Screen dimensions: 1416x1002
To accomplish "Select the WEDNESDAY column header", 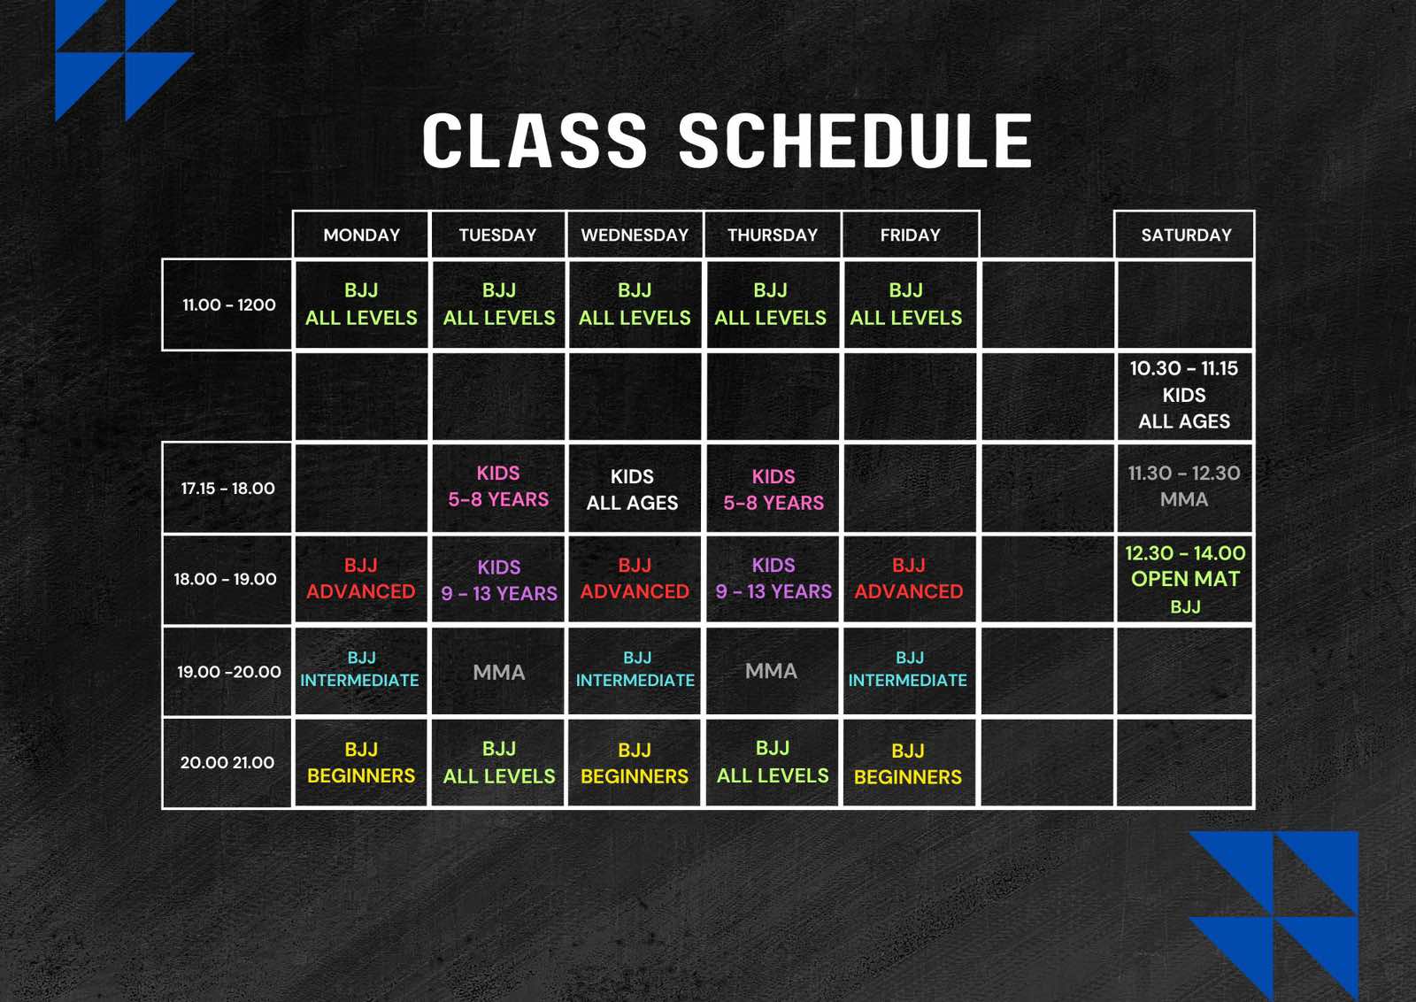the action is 635,235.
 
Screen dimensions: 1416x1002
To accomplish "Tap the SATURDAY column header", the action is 1186,235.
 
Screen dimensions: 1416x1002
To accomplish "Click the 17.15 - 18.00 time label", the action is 227,488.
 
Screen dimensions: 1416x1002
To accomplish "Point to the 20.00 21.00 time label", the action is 227,762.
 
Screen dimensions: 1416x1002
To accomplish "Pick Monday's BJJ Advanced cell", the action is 361,578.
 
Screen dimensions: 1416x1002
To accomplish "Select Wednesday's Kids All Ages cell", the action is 635,489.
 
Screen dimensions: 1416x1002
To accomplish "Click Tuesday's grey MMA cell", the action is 498,671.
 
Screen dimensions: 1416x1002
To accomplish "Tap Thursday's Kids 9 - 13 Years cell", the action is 773,578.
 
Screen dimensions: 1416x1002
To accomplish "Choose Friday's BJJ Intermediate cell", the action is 909,670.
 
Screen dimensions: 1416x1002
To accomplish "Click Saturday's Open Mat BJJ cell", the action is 1185,579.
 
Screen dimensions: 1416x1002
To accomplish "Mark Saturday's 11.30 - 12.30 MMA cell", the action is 1185,488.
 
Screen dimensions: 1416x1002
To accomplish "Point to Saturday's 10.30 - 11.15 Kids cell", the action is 1185,395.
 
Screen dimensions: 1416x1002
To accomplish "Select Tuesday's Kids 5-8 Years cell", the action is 498,488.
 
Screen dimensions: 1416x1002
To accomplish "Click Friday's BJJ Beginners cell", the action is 909,763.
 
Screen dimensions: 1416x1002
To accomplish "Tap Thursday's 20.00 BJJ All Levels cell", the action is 773,762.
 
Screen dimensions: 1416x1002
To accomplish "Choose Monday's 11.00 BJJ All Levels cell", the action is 361,304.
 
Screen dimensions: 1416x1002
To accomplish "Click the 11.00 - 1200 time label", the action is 227,304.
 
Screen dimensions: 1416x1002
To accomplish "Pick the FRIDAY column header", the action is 911,235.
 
